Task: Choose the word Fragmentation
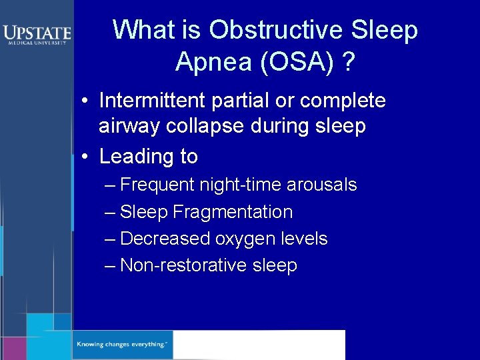[233, 212]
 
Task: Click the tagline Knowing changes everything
[122, 345]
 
